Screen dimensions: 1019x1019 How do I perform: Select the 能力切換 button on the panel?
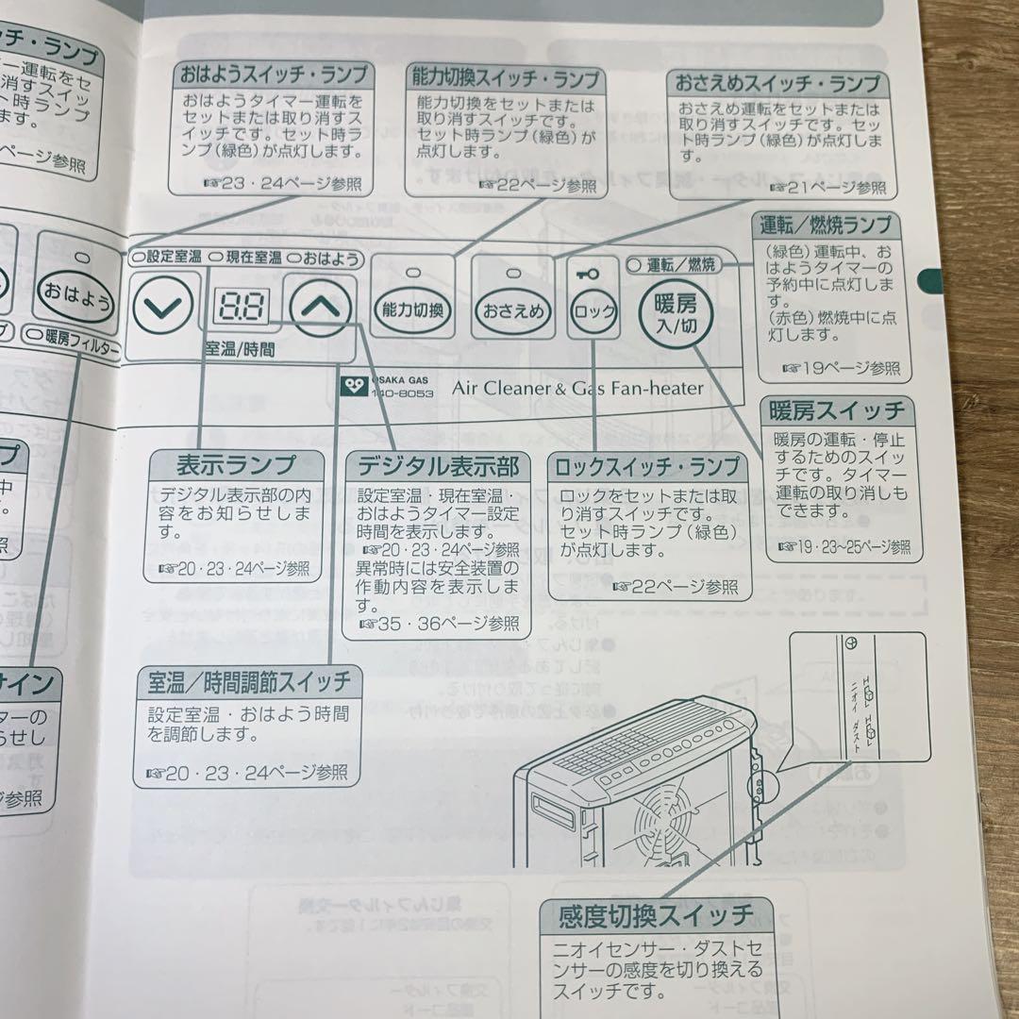(411, 309)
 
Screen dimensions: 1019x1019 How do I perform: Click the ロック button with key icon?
(593, 309)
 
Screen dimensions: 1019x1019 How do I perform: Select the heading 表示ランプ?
(236, 464)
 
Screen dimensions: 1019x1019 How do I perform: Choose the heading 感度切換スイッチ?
(657, 914)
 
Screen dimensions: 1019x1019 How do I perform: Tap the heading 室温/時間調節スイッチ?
(248, 680)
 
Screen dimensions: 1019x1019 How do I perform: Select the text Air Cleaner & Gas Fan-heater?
(577, 386)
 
